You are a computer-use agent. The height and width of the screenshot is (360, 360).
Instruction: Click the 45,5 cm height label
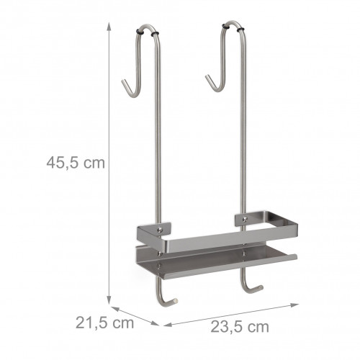[76, 163]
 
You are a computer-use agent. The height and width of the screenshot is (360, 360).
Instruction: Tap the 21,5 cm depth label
[104, 323]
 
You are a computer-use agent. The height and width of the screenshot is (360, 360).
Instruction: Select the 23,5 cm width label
[240, 327]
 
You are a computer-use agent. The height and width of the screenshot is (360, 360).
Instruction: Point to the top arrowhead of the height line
[109, 27]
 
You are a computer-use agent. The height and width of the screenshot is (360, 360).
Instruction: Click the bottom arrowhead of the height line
[109, 300]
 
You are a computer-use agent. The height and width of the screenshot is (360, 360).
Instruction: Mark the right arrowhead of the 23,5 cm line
[294, 305]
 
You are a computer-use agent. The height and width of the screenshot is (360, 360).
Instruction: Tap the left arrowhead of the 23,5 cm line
[168, 325]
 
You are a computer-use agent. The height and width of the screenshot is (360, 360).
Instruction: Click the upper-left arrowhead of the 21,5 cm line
[115, 309]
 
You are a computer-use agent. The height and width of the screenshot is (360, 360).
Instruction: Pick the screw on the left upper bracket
[159, 230]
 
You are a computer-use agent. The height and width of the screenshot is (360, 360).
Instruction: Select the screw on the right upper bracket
[245, 219]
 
